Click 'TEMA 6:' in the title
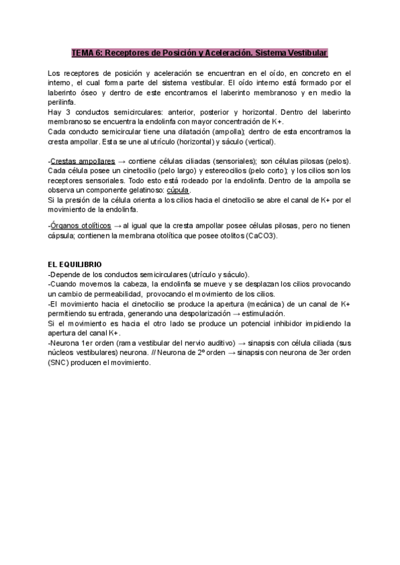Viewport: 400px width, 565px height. pyautogui.click(x=87, y=53)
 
